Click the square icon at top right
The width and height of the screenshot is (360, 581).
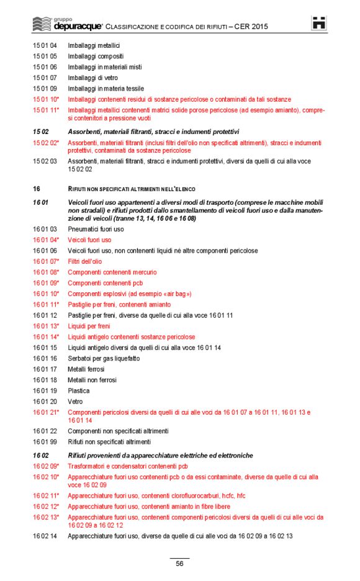click(x=319, y=23)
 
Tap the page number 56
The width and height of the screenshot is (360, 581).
click(x=179, y=564)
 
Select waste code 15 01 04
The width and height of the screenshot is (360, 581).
click(x=45, y=45)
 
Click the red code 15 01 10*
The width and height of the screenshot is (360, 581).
click(x=46, y=99)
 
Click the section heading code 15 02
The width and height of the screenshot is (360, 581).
click(x=41, y=132)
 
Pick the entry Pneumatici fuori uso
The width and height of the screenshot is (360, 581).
click(x=96, y=229)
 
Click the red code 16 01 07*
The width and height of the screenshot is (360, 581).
click(x=46, y=261)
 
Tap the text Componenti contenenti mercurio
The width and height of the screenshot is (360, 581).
click(x=112, y=272)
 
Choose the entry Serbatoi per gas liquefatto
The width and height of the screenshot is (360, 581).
click(x=104, y=358)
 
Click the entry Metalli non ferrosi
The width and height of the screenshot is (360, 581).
click(x=92, y=380)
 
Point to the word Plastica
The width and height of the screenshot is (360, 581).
click(x=78, y=390)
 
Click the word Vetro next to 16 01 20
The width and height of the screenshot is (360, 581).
click(x=74, y=402)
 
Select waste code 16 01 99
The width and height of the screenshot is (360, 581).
click(x=45, y=442)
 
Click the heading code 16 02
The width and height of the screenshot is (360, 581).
click(x=41, y=456)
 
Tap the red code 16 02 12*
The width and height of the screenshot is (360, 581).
click(x=46, y=507)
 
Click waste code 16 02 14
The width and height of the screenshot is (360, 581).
click(x=45, y=536)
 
